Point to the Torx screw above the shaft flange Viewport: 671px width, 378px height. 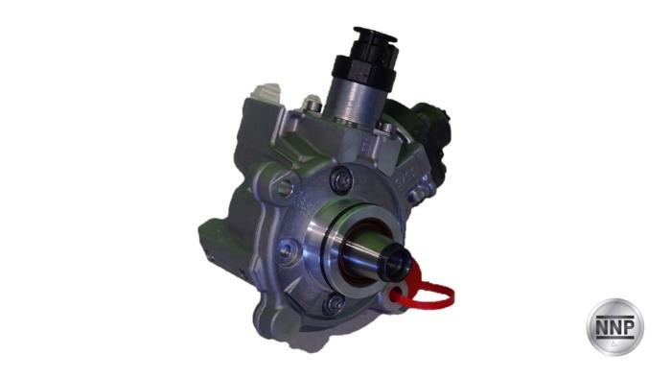coord(342,180)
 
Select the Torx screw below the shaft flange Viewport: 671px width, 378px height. coord(334,305)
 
